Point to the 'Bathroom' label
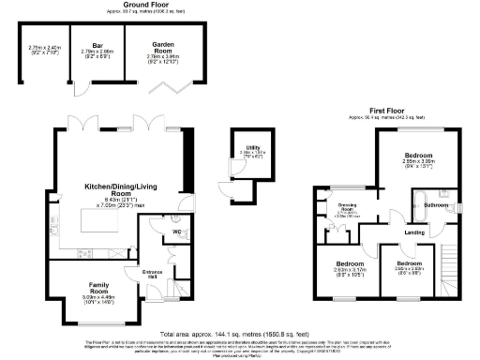437,203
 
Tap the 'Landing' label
415,232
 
